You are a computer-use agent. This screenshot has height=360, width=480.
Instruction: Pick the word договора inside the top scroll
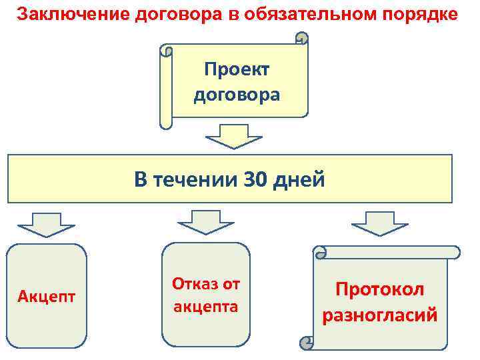coord(237,95)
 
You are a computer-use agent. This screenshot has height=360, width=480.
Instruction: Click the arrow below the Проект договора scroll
coord(234,137)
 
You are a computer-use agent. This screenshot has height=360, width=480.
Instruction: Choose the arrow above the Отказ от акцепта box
coord(205,221)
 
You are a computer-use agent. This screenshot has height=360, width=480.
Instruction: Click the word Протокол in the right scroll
coord(379,289)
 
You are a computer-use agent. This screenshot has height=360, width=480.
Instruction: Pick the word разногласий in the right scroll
coord(379,315)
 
